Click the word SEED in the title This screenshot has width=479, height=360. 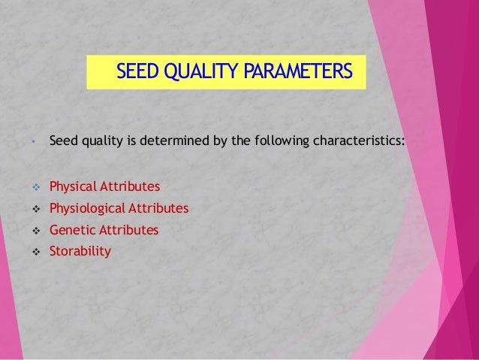tap(137, 72)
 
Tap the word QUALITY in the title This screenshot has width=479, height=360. tap(199, 72)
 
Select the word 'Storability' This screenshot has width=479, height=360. tap(80, 252)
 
